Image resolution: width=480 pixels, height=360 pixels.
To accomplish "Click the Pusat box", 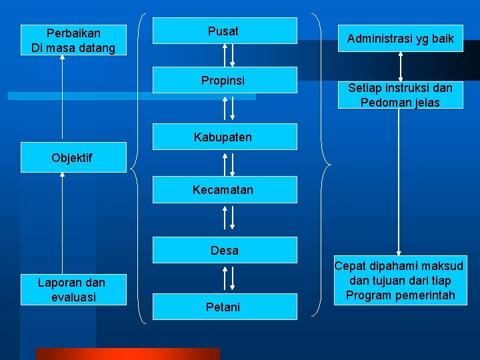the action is (x=225, y=31).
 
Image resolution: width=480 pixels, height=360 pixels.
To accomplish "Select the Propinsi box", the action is (x=225, y=81).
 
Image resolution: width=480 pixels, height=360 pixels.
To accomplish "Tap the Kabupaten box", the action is (x=225, y=137).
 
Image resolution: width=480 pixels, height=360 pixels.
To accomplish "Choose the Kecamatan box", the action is (x=225, y=190).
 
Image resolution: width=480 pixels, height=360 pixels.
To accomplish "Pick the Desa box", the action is (x=225, y=250).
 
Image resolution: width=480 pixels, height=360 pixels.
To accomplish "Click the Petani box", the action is (x=225, y=307).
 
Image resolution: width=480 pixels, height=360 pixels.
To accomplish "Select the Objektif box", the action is (x=73, y=158).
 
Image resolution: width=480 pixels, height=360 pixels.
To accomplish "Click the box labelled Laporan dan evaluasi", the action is (x=73, y=289).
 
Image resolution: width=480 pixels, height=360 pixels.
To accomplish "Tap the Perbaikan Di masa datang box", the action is (x=73, y=41).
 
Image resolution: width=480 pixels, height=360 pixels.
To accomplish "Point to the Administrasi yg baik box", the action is (x=400, y=39).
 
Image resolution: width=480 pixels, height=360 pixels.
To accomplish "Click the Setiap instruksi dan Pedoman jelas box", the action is (x=400, y=95).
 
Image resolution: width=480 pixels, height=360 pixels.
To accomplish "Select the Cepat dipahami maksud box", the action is (x=400, y=281).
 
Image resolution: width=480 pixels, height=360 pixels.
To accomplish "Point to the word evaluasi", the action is (x=73, y=297).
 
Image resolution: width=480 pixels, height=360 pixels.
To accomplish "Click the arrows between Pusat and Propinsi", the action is (x=229, y=55).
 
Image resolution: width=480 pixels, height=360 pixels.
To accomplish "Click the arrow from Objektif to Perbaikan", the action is (x=63, y=97).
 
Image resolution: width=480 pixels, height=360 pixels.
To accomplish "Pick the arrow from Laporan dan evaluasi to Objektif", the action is (x=63, y=223).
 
